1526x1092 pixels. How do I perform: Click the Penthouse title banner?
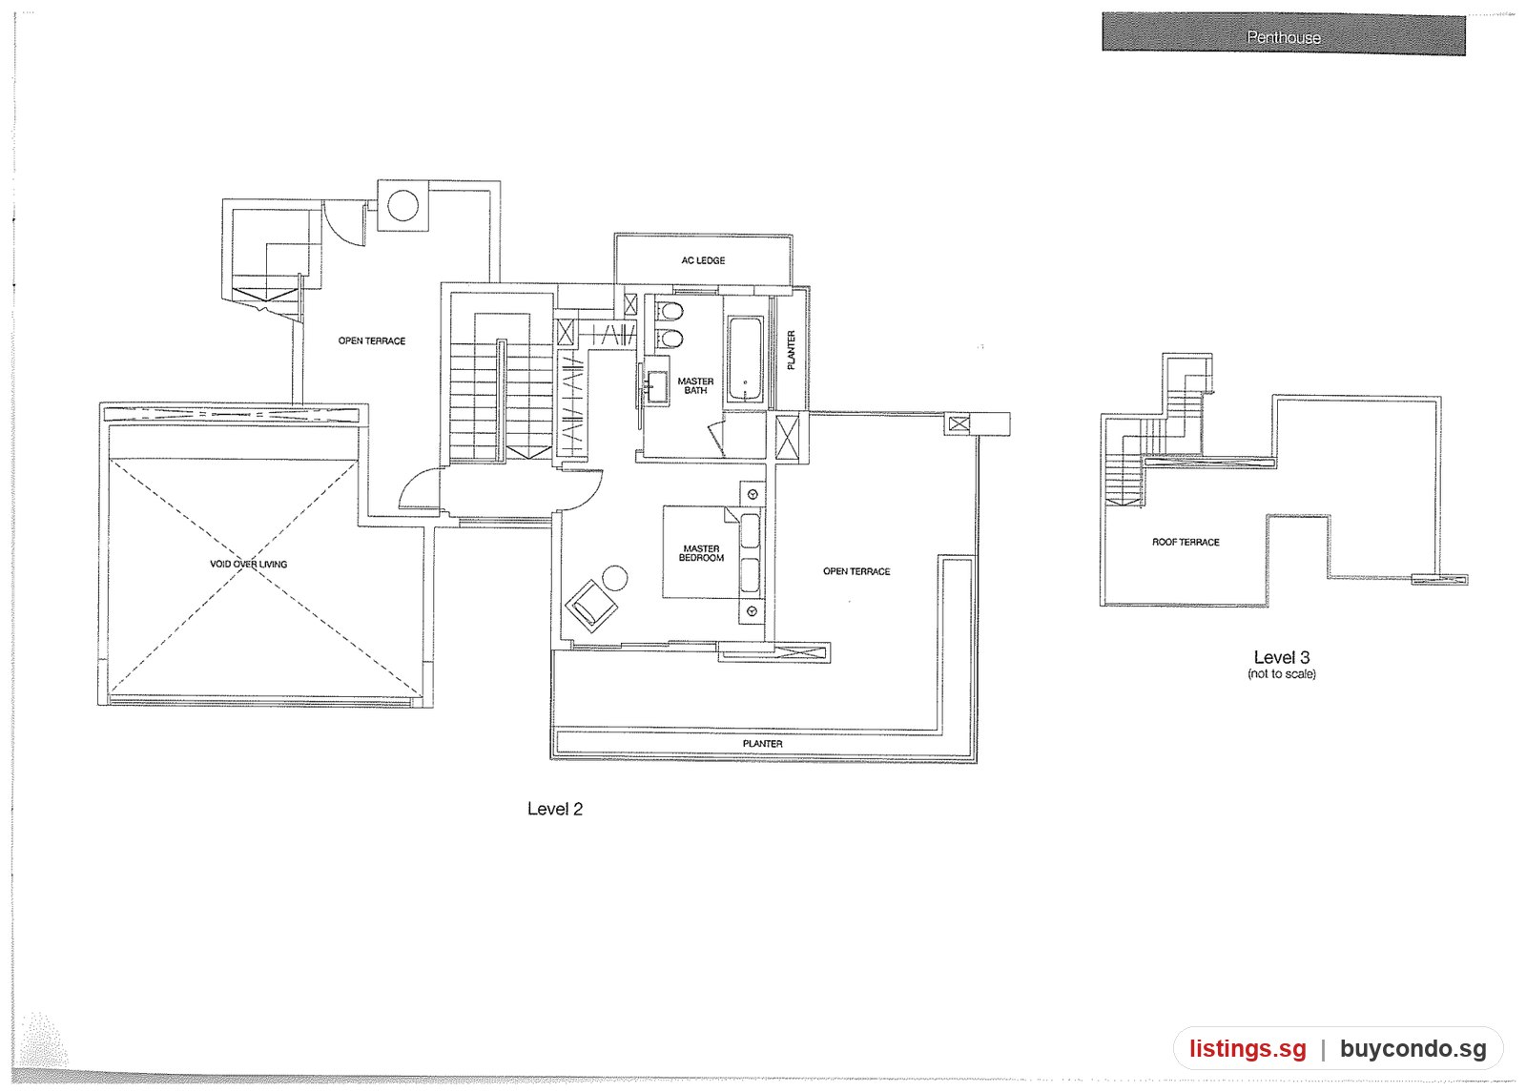[1284, 34]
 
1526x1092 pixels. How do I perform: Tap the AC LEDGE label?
[703, 260]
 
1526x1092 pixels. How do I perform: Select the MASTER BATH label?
[695, 385]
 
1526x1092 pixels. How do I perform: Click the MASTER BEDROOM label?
[701, 553]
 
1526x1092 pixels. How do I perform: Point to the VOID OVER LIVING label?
[249, 564]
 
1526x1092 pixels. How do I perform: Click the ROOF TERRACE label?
[1186, 543]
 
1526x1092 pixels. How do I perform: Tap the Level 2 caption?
[555, 809]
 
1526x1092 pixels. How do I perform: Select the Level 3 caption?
[1282, 657]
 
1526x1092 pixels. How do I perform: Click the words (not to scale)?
[1282, 673]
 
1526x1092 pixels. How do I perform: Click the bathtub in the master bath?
[745, 359]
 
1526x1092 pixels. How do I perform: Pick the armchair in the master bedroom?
[591, 605]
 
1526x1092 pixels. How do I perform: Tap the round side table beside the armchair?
[615, 578]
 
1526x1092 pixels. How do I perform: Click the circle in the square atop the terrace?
[402, 205]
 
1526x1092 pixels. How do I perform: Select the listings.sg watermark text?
[1248, 1048]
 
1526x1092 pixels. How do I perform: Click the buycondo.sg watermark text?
[1413, 1048]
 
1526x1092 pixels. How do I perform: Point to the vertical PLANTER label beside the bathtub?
[791, 350]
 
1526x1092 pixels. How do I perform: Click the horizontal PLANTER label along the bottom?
[762, 744]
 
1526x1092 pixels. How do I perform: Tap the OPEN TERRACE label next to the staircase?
[372, 340]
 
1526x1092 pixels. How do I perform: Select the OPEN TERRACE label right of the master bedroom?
[856, 571]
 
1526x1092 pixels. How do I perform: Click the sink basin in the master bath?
[657, 386]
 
